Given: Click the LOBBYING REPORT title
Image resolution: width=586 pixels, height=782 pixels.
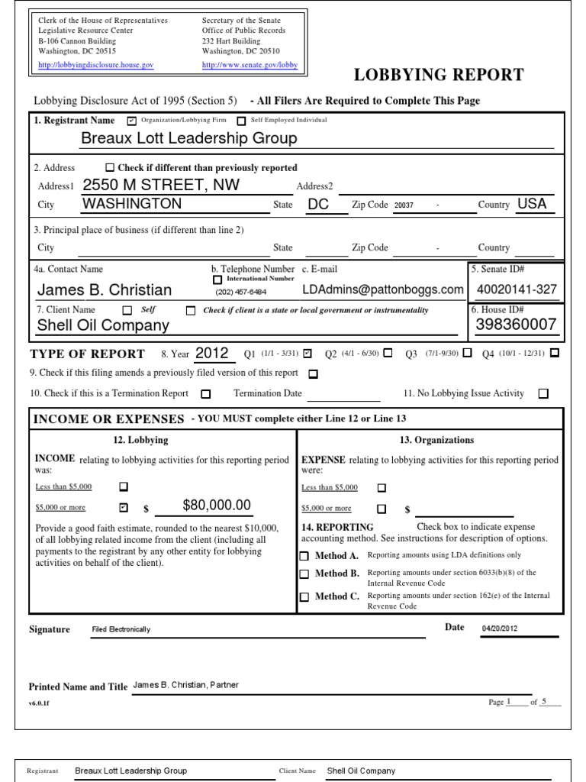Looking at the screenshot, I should tap(439, 75).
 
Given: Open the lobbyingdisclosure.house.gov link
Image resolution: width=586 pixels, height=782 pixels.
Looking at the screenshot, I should tap(96, 66).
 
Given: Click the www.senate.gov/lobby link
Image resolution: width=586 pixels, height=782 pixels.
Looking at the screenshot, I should tap(250, 66).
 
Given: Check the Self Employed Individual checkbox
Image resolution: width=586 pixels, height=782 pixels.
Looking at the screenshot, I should tap(241, 121).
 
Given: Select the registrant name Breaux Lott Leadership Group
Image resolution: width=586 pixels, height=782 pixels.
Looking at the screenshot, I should tap(189, 138).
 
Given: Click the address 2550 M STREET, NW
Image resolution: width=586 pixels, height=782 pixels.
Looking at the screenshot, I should tap(161, 185).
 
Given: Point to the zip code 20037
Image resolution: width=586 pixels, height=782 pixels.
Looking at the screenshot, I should tap(404, 205).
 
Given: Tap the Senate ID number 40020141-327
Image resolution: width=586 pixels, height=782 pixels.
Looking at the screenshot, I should tap(517, 289).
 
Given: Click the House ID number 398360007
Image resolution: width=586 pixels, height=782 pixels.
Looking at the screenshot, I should tap(516, 325).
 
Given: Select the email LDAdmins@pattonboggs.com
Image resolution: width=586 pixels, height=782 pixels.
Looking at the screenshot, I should tap(382, 289).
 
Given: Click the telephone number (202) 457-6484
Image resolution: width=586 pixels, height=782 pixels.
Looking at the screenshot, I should tap(241, 292).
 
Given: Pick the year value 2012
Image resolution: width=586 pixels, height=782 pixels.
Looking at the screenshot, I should tap(212, 353).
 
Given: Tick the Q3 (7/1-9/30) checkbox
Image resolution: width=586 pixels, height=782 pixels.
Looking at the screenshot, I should tap(467, 353).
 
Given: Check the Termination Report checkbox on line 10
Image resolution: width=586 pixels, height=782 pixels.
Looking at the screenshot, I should tap(205, 394).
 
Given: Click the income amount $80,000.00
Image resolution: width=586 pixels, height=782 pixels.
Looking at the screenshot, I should tap(217, 505).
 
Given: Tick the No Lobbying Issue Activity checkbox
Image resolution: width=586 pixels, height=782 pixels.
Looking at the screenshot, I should tap(543, 394).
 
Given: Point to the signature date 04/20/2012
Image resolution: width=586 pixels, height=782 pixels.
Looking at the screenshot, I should tap(500, 629).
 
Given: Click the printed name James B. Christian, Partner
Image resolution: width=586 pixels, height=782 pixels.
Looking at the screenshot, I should tap(187, 685).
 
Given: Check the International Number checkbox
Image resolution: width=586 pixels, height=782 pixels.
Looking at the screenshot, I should tap(217, 280).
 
